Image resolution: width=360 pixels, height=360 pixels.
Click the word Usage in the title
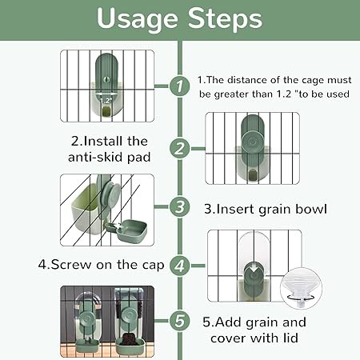[x=137, y=19]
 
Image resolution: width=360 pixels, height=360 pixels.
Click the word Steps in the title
[x=226, y=18]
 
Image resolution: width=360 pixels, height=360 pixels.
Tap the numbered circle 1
[x=180, y=86]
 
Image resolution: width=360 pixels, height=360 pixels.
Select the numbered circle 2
[x=180, y=149]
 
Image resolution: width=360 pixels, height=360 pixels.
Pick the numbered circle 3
[x=180, y=206]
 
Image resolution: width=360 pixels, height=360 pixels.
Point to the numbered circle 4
[x=180, y=266]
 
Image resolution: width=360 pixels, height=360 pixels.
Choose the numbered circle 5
[x=180, y=320]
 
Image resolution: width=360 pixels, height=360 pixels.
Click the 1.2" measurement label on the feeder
[x=106, y=101]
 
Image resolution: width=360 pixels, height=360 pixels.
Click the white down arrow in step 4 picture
[x=252, y=269]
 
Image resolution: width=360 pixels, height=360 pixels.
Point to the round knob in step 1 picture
[x=106, y=79]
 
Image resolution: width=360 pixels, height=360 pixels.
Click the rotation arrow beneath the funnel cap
[x=301, y=297]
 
